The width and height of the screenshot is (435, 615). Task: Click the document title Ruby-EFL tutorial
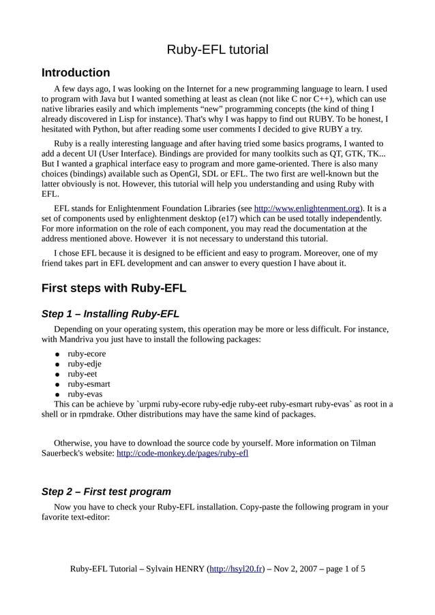pyautogui.click(x=217, y=50)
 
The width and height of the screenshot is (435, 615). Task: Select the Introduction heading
pyautogui.click(x=76, y=73)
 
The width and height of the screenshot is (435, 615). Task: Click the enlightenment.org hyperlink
pyautogui.click(x=307, y=208)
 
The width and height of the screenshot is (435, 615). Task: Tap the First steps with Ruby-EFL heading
pyautogui.click(x=114, y=288)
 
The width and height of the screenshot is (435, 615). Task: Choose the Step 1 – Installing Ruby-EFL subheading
pyautogui.click(x=110, y=314)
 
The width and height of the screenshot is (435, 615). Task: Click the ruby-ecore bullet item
pyautogui.click(x=87, y=353)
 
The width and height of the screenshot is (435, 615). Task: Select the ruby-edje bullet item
pyautogui.click(x=85, y=364)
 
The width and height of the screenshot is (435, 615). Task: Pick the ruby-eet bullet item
pyautogui.click(x=82, y=374)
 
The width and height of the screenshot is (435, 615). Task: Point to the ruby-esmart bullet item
pyautogui.click(x=89, y=383)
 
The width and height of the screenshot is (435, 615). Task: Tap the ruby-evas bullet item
pyautogui.click(x=85, y=394)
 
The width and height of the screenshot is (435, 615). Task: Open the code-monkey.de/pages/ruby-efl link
pyautogui.click(x=183, y=453)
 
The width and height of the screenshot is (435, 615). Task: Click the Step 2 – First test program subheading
pyautogui.click(x=106, y=492)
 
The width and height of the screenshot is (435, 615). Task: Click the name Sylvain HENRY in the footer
pyautogui.click(x=173, y=569)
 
